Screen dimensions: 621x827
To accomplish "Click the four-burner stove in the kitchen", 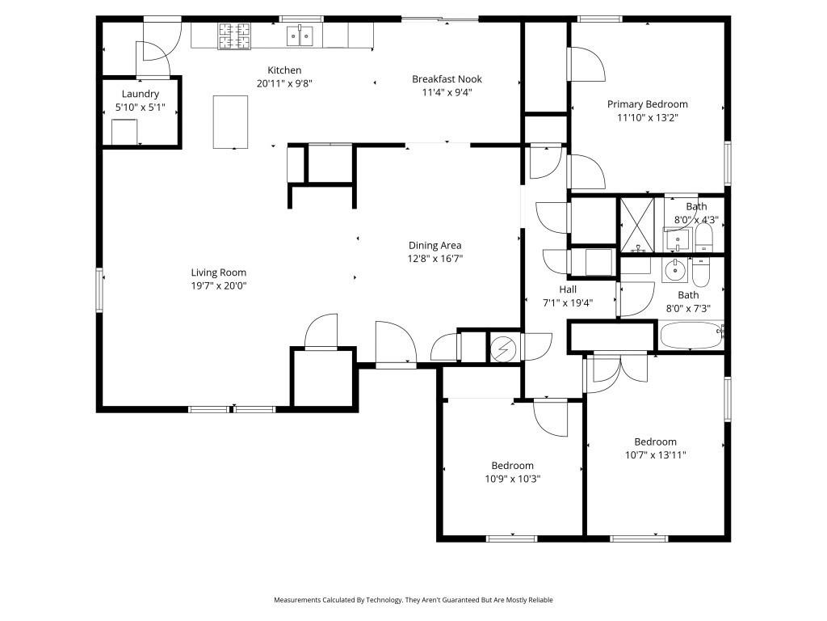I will point(233,36).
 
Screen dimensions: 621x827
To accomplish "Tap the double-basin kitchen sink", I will point(300,36).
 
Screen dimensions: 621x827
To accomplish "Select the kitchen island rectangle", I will point(230,121).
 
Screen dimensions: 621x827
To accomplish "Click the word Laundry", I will point(141,94).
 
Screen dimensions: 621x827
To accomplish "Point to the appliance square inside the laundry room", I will point(124,132).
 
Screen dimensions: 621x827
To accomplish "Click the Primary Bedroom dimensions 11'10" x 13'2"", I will point(647,117).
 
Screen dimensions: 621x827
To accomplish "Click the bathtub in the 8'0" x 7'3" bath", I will point(691,336).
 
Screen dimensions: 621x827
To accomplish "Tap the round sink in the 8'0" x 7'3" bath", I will point(674,270).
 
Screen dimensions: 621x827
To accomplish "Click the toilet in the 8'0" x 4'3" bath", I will point(703,237).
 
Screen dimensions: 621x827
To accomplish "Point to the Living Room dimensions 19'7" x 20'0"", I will point(218,285).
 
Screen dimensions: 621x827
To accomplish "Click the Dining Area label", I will point(434,246).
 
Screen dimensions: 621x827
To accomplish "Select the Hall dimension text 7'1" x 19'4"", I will point(567,302).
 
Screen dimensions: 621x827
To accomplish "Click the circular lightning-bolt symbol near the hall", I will point(502,349).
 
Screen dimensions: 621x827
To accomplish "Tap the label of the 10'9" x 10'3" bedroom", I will point(512,466).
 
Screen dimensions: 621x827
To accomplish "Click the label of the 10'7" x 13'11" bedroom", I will point(655,441).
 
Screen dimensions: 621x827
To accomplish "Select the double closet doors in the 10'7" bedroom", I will point(619,365).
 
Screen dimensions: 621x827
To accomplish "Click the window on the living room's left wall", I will point(100,289).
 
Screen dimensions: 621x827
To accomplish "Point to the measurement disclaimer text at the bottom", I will point(413,600).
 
